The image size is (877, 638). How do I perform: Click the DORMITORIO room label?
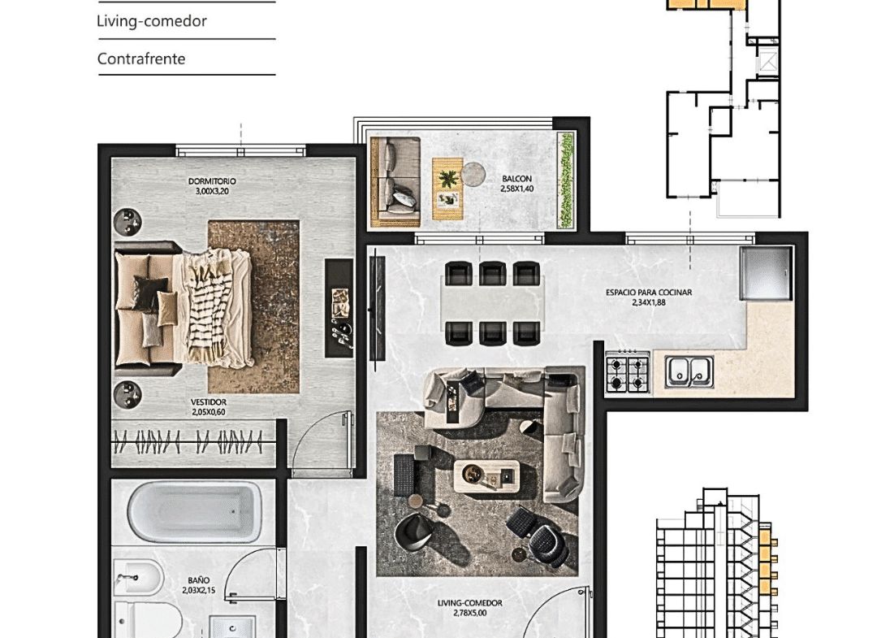212,181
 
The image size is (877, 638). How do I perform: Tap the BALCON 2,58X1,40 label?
516,184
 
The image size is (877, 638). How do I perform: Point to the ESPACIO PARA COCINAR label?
649,292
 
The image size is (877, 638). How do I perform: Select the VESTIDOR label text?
209,401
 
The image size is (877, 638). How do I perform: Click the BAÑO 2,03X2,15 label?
199,585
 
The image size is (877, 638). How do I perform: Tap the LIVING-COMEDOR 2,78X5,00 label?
470,608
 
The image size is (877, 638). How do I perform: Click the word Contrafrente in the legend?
141,59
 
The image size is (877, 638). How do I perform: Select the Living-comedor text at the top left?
152,21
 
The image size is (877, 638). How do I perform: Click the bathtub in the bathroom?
194,511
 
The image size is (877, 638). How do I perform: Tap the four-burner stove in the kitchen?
627,371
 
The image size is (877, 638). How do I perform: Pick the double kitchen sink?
689,371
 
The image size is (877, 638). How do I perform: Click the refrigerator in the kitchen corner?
766,274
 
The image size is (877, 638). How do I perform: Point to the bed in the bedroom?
184,309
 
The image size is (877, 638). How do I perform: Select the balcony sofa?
395,182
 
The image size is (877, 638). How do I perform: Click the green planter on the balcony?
565,180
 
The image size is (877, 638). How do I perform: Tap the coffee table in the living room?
486,475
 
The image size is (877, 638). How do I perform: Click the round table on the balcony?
473,173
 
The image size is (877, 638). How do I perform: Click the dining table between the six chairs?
492,303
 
